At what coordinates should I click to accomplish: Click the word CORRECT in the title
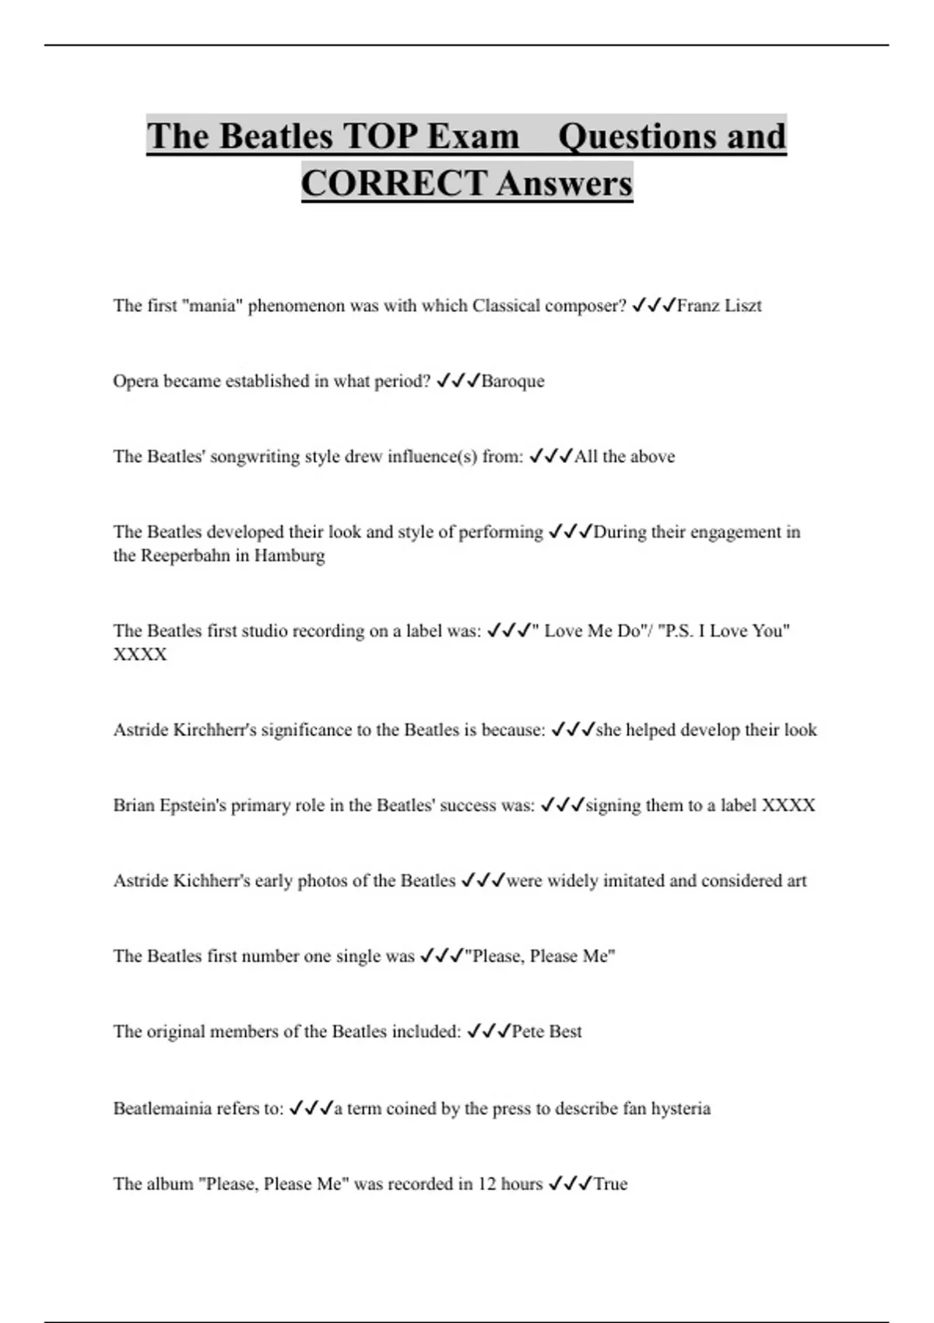395,184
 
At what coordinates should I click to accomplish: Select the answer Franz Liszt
718,306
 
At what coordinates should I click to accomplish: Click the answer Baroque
513,381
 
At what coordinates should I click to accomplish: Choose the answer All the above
624,457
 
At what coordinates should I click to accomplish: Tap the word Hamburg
290,556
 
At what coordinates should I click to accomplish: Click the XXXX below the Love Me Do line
140,654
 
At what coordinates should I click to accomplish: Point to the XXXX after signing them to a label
788,805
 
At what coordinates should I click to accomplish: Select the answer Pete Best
546,1032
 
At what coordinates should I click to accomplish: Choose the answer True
610,1184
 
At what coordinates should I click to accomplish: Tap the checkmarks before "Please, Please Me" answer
441,956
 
